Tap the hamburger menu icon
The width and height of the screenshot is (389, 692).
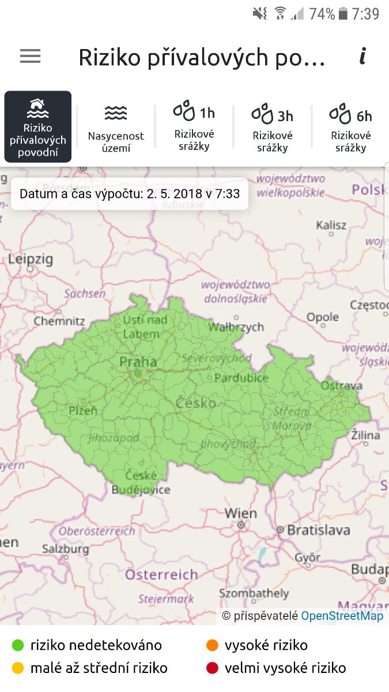pos(30,56)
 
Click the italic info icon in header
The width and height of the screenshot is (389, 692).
pos(362,56)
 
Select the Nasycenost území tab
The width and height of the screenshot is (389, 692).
pos(116,127)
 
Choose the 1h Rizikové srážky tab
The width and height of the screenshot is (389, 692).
pos(194,126)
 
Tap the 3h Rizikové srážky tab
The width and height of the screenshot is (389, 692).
pos(272,127)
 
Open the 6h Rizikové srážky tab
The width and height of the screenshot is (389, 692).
pos(350,127)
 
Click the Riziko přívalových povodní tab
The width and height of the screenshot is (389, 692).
pos(38,127)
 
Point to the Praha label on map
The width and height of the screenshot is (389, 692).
pos(138,362)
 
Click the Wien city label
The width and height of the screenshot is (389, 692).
pos(241,513)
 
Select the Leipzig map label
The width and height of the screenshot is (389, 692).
pos(30,259)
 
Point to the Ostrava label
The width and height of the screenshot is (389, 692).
pos(342,385)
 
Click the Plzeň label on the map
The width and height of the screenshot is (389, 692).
pos(83,411)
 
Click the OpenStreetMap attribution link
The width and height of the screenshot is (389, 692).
pos(342,616)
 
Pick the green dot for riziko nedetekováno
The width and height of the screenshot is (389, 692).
pos(18,645)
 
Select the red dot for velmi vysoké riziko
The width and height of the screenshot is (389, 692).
pos(212,668)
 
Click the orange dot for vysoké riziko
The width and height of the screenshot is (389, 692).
pos(212,645)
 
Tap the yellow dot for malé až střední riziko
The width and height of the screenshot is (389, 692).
pos(18,668)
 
